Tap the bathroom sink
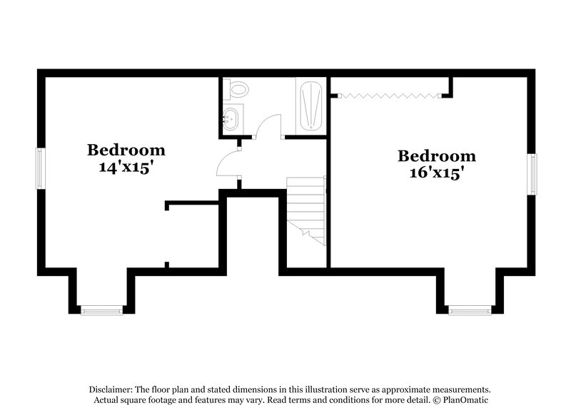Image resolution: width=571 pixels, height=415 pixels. (233, 118)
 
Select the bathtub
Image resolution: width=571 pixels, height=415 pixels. (310, 106)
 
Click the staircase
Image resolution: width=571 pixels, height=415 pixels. (306, 207)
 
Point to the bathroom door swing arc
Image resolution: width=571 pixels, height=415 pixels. (265, 124)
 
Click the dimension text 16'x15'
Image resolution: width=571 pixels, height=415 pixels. (436, 173)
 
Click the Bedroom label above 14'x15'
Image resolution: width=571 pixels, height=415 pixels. (126, 150)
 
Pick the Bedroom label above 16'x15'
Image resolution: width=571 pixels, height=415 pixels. (436, 156)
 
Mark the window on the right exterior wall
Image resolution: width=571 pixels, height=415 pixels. (532, 173)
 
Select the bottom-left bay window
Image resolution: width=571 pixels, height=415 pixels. (101, 309)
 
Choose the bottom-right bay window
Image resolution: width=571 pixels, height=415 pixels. (470, 309)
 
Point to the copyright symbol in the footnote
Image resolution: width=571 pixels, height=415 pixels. (425, 400)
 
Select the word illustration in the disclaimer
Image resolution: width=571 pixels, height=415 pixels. (331, 390)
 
